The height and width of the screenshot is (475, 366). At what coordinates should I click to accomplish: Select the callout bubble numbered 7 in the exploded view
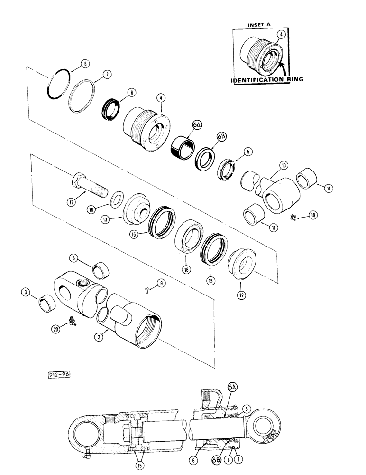point(108,75)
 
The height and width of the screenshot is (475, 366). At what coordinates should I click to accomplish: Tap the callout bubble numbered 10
point(283,165)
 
